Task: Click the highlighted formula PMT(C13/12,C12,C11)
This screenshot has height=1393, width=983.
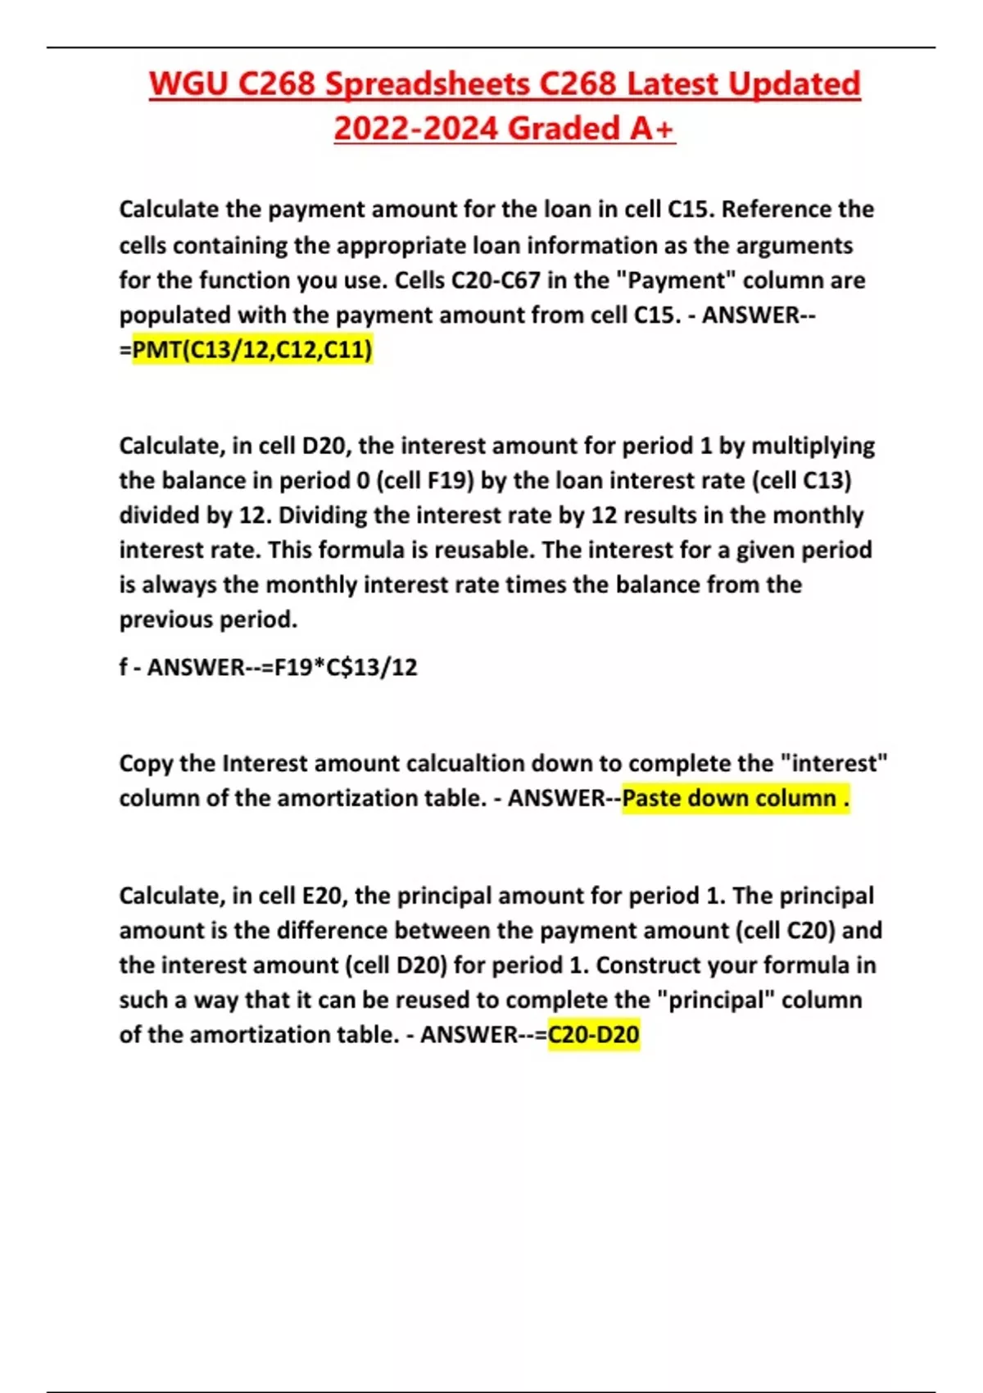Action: pos(252,350)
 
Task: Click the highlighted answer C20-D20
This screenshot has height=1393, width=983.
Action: pos(593,1035)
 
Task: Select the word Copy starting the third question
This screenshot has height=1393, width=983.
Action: pos(146,764)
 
